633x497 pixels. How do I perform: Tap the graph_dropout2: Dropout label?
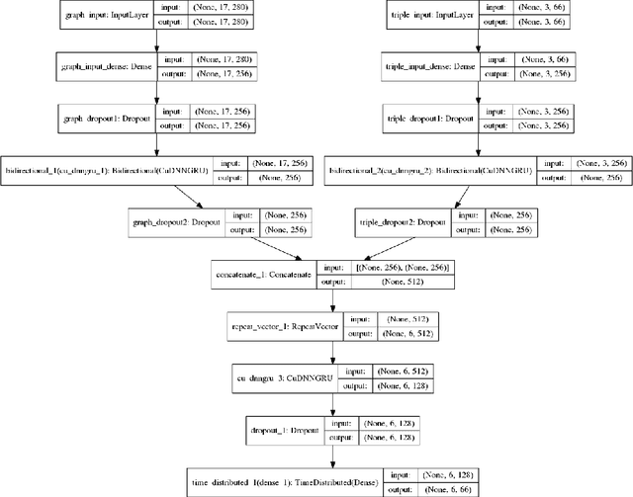(x=175, y=221)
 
